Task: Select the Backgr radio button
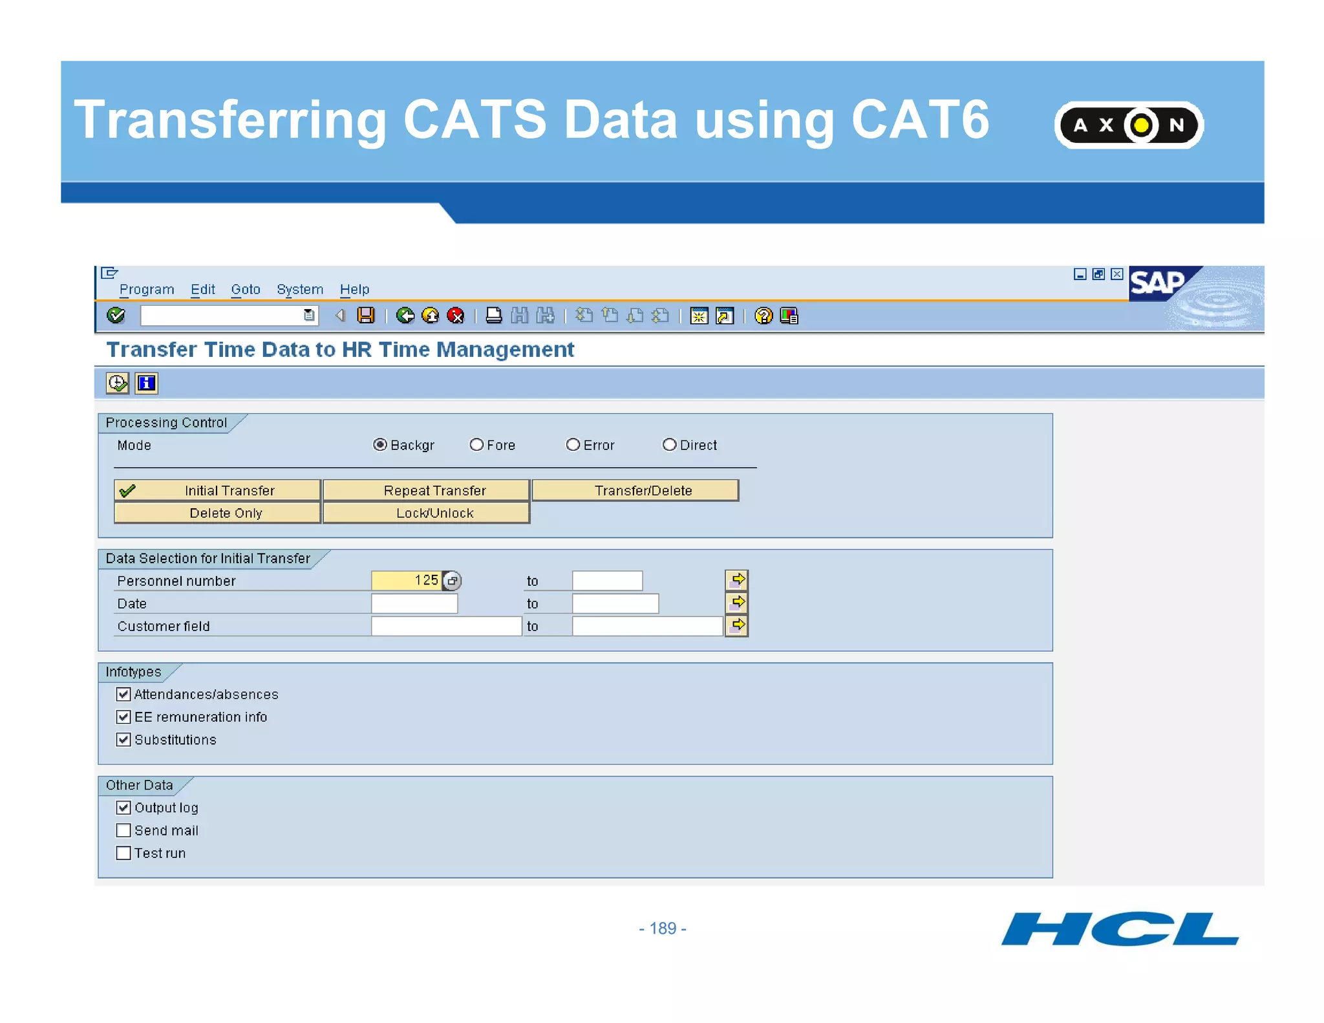point(380,445)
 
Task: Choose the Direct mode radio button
point(669,445)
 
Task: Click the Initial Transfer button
point(217,490)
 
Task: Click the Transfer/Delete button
point(635,490)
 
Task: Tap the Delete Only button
point(217,513)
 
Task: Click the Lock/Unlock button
point(426,513)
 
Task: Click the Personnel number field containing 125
point(406,581)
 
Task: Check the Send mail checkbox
point(123,830)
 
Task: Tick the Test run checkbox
point(123,853)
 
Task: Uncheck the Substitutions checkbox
point(123,740)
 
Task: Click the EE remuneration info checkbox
point(123,717)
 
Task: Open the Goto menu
point(245,290)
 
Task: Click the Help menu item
point(354,290)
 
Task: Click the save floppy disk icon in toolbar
point(366,316)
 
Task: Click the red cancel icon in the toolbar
point(456,316)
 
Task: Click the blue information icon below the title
point(147,383)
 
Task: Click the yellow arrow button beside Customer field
point(736,626)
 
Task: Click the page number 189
point(662,929)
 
